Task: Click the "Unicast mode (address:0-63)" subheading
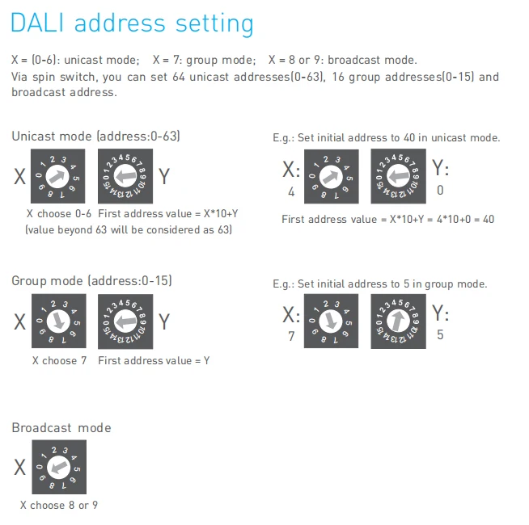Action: tap(95, 136)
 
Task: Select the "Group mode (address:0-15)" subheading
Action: tap(91, 281)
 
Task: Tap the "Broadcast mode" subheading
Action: tap(61, 427)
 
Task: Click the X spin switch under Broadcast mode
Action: tap(58, 467)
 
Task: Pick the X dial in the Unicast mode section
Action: tap(58, 176)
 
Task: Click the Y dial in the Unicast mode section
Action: tap(125, 176)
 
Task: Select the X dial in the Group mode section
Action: tap(58, 321)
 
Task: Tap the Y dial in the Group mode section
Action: tap(125, 321)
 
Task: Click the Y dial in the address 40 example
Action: tap(398, 176)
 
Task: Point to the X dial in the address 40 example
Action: tap(332, 176)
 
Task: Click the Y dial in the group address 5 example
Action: tap(398, 321)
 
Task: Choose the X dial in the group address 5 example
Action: tap(332, 321)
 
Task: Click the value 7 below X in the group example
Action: tap(291, 336)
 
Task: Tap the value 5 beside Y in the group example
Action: tap(440, 334)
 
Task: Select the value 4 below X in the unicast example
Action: tap(291, 192)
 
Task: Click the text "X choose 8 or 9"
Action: tap(59, 506)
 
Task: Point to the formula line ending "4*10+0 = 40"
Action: tap(387, 219)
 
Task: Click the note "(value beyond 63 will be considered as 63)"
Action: tap(129, 229)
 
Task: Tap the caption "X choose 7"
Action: tap(59, 360)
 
